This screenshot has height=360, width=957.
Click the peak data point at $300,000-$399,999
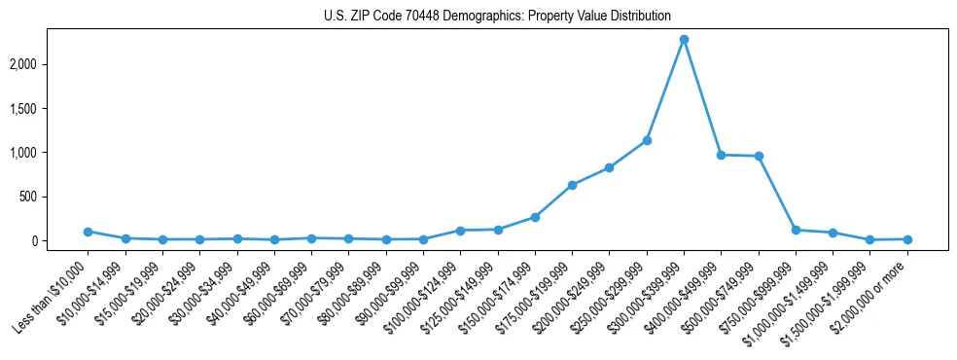tap(684, 39)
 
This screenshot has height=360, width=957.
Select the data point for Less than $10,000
tap(88, 232)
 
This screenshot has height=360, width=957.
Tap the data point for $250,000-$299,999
tap(647, 140)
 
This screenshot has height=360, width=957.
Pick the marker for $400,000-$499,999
tap(721, 155)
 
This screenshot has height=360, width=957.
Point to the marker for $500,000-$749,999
tap(759, 156)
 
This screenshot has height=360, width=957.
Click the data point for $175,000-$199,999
tap(572, 185)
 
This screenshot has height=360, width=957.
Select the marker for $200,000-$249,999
tap(609, 167)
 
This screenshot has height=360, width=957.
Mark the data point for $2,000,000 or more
tap(907, 239)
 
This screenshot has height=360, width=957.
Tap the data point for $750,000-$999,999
tap(796, 230)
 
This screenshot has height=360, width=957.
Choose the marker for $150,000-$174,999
tap(535, 217)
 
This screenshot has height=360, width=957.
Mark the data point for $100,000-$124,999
tap(460, 231)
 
